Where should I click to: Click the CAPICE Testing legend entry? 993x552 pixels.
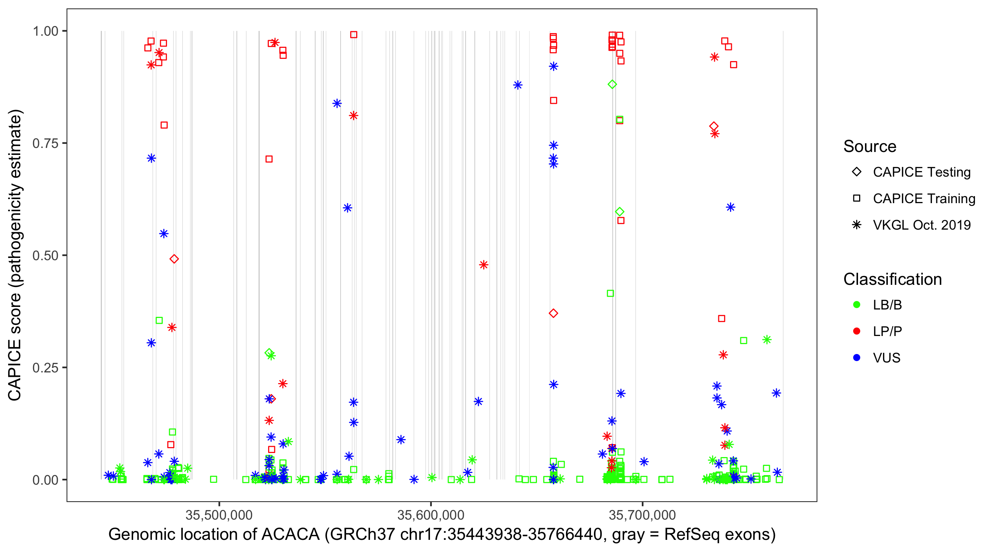[921, 172]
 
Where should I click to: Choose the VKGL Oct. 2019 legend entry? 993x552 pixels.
[921, 225]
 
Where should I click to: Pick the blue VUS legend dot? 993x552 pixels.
[857, 358]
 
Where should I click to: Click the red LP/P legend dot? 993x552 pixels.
[857, 331]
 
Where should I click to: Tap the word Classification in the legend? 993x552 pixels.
[892, 279]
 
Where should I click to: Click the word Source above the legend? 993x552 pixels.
[870, 146]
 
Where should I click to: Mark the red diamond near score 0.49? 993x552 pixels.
[174, 259]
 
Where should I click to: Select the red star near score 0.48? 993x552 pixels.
[483, 265]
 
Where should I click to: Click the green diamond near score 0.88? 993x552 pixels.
[612, 84]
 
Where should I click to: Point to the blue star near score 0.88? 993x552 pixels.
[518, 85]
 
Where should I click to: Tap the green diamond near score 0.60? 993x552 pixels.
[619, 211]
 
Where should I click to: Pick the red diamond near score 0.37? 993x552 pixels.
[553, 313]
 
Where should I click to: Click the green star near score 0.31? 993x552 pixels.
[767, 339]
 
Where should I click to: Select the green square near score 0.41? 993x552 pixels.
[610, 293]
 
